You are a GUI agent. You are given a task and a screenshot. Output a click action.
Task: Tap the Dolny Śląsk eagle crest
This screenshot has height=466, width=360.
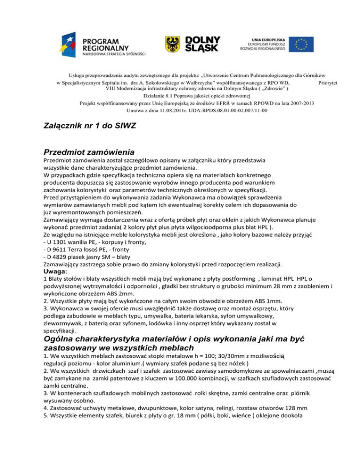(172, 44)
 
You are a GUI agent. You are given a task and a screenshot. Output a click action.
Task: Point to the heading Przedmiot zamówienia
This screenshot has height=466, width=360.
(89, 152)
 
